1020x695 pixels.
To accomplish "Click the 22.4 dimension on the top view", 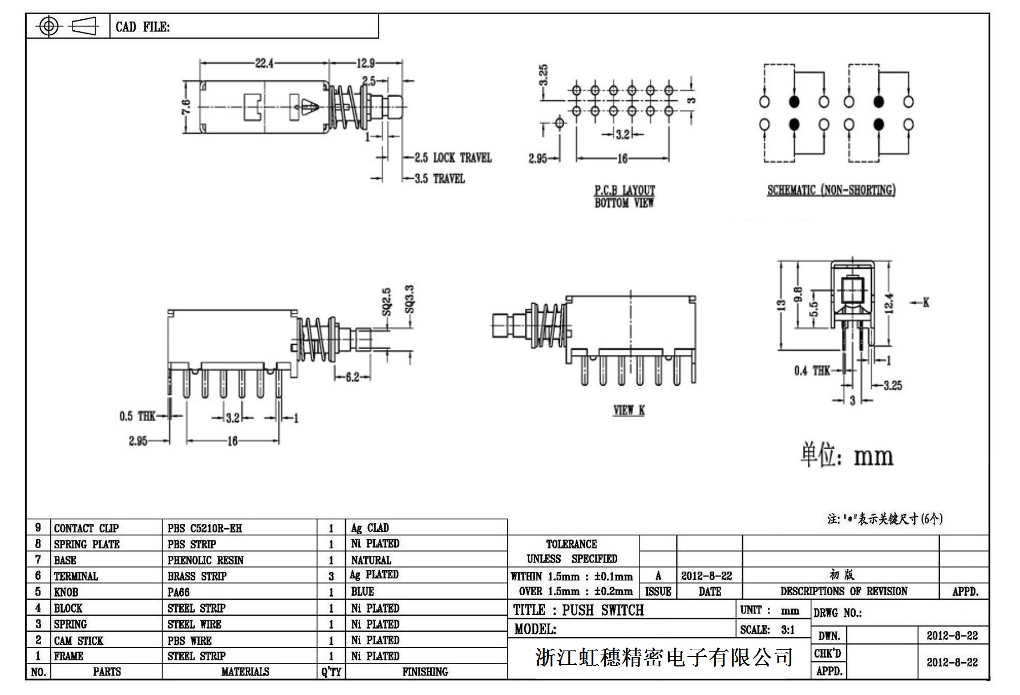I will click(264, 63).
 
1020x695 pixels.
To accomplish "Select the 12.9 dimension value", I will click(366, 63).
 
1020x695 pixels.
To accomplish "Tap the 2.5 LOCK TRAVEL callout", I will click(453, 157).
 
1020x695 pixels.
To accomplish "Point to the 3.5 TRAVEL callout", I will click(440, 179).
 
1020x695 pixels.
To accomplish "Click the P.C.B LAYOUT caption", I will click(625, 190).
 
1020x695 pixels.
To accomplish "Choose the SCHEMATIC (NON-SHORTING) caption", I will click(831, 190).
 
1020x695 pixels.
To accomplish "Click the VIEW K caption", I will click(629, 410).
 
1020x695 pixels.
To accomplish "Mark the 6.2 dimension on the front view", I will click(353, 377).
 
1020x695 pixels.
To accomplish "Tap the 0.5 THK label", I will click(137, 416).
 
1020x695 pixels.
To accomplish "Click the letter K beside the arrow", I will click(926, 302).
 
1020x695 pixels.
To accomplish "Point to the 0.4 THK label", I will click(812, 371).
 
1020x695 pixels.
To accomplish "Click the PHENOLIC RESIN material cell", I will click(205, 560).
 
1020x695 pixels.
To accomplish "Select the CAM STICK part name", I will click(79, 640).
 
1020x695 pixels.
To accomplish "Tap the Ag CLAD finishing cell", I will click(370, 528).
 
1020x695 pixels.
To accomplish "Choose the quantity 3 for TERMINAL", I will click(331, 576).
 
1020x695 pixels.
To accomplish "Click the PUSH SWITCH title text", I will click(603, 610).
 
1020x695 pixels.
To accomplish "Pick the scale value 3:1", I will click(788, 630).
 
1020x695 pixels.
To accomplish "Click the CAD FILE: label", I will click(143, 27).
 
